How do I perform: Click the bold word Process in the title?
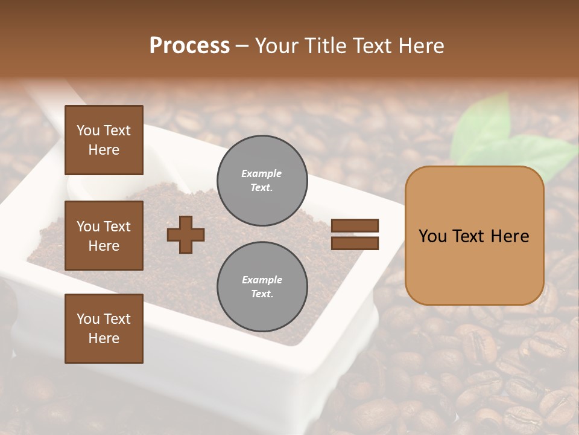coord(189,46)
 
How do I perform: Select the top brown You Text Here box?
coord(104,140)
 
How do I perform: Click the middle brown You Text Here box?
coord(104,236)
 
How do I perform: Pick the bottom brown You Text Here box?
coord(104,329)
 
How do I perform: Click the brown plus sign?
coord(186,234)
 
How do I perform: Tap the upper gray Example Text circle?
coord(262,180)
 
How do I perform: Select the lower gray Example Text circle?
coord(262,287)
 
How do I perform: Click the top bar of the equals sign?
coord(355,226)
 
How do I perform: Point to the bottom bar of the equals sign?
coord(355,243)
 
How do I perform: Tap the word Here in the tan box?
coord(510,236)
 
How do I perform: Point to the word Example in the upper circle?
coord(262,173)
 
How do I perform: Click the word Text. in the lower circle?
coord(262,294)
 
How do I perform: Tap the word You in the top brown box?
coord(88,130)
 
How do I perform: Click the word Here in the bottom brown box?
coord(104,338)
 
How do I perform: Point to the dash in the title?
coord(242,46)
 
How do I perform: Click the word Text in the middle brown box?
coord(116,227)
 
